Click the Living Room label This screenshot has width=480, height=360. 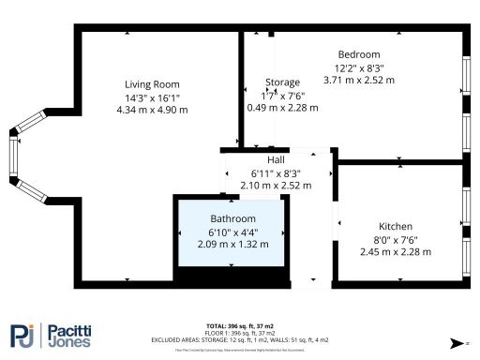pyautogui.click(x=152, y=82)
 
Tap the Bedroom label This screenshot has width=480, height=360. pyautogui.click(x=358, y=54)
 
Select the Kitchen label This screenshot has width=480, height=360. pyautogui.click(x=396, y=227)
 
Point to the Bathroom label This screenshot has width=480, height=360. pyautogui.click(x=232, y=219)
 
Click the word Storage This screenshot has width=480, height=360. pyautogui.click(x=282, y=82)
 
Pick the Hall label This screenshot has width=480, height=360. pyautogui.click(x=276, y=160)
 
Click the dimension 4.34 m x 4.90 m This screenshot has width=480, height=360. pyautogui.click(x=152, y=110)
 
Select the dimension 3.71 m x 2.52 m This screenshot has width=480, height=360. pyautogui.click(x=358, y=81)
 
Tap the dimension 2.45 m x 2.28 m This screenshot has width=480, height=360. pyautogui.click(x=396, y=252)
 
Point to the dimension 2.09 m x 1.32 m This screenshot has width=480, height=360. pyautogui.click(x=232, y=244)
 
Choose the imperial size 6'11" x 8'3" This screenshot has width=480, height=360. pyautogui.click(x=276, y=173)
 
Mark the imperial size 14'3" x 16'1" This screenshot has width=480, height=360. pyautogui.click(x=152, y=97)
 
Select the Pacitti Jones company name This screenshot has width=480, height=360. pyautogui.click(x=70, y=335)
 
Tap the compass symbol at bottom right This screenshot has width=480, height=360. pyautogui.click(x=455, y=343)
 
